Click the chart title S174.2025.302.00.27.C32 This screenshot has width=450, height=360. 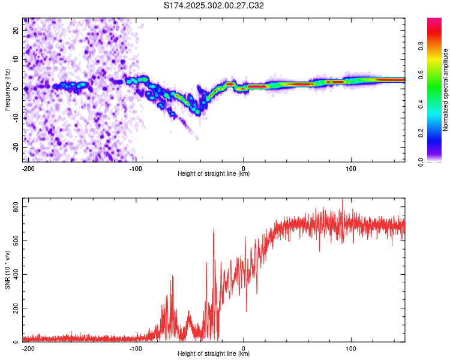(x=214, y=6)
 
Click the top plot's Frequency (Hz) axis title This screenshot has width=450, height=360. (x=7, y=90)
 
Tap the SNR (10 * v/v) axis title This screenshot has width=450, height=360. (x=7, y=270)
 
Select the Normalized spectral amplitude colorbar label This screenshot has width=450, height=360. (x=445, y=90)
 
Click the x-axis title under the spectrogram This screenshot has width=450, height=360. (x=214, y=174)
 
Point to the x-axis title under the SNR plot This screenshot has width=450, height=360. (x=214, y=354)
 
